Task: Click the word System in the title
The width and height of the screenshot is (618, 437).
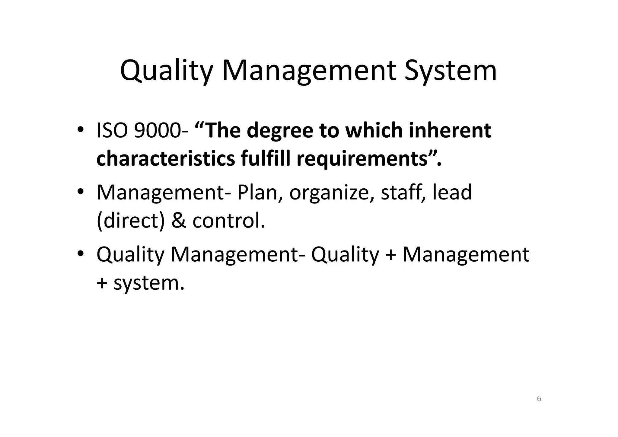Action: tap(450, 71)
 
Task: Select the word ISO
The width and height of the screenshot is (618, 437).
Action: tap(111, 131)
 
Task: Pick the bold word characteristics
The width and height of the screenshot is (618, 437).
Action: tap(165, 158)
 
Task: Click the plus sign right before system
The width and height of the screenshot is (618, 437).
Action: tap(102, 283)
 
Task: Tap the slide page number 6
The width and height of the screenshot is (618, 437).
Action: tap(539, 399)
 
